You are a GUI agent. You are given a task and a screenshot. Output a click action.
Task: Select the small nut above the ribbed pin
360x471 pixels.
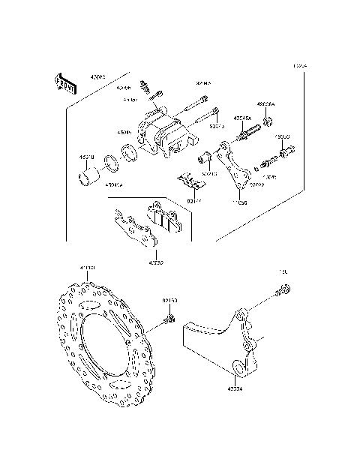tap(266, 120)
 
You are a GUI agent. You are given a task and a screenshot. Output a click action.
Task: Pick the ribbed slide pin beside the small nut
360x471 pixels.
tap(247, 138)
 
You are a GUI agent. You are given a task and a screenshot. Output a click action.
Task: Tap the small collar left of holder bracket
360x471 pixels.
tap(204, 158)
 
